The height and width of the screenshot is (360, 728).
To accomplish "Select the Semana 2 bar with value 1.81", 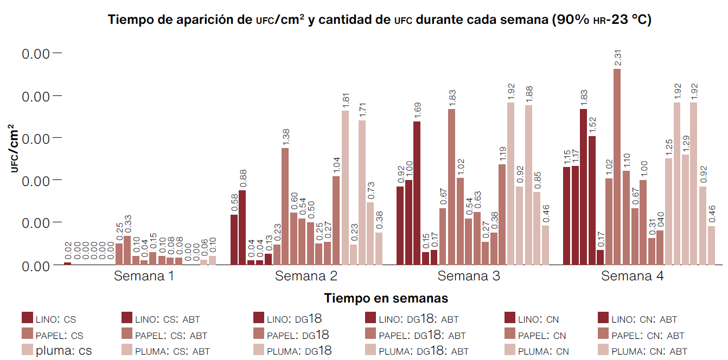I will point(345,188).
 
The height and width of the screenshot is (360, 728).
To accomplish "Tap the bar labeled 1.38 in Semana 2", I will point(285,206).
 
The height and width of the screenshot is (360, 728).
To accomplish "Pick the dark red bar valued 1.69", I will point(417,193).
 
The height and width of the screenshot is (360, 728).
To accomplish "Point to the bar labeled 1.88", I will point(528,185).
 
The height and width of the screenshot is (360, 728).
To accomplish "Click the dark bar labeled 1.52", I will point(592,201).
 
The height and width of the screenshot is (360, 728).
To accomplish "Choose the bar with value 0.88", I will point(242,228).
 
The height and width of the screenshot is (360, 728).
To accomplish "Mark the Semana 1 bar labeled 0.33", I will point(127,250).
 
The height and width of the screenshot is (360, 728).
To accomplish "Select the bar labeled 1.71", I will point(362,192).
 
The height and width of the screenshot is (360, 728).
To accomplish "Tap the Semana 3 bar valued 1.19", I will point(502,214).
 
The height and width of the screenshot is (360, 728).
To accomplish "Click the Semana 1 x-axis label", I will point(144,276).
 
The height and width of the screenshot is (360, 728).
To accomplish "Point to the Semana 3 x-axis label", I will point(469,276).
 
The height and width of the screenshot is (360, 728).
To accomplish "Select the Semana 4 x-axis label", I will point(632,276).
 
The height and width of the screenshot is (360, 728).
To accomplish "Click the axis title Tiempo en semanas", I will point(386,298).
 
